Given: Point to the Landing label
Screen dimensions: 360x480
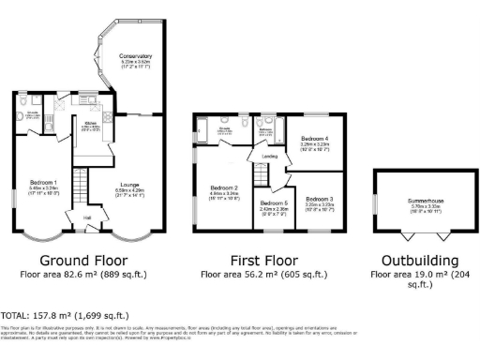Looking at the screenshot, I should [270, 156].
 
